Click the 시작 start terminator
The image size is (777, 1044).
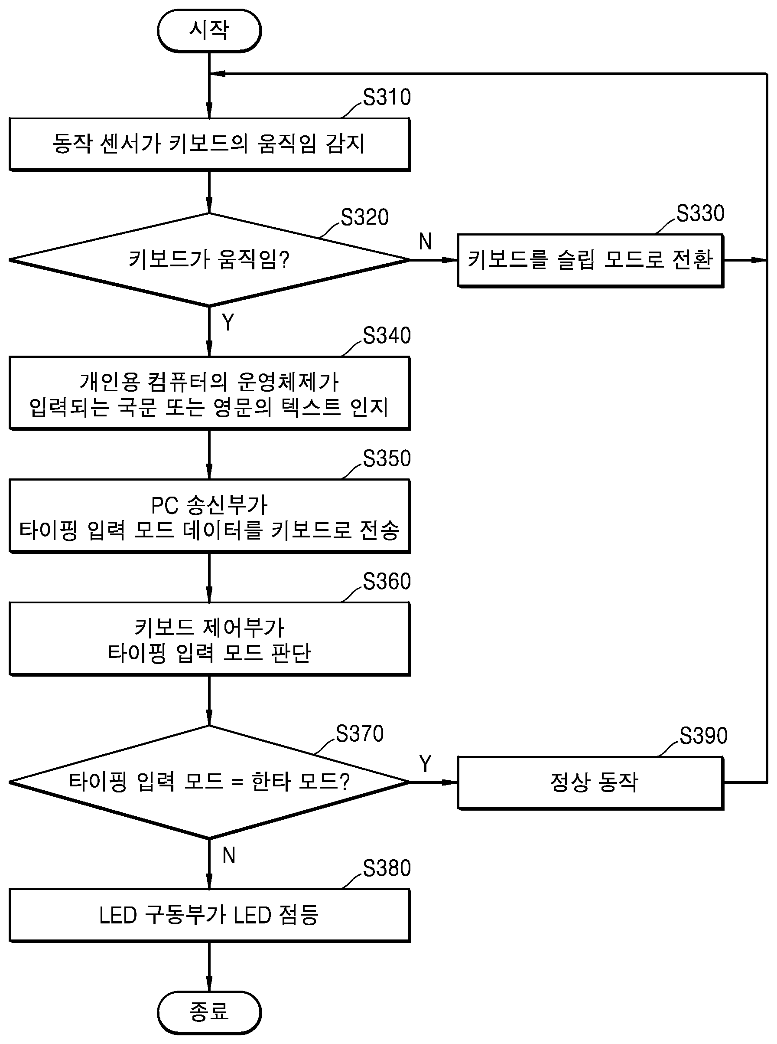click(x=209, y=31)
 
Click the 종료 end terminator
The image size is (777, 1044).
click(x=209, y=1012)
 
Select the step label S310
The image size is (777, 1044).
click(x=387, y=98)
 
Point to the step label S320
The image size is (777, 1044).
click(x=365, y=217)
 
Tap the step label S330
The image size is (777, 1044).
click(x=701, y=213)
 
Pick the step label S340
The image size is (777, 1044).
click(x=387, y=336)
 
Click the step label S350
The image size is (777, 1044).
click(x=387, y=458)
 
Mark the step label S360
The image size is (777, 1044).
click(x=387, y=582)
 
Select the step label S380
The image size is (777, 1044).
click(x=387, y=868)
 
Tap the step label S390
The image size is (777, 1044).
click(x=704, y=736)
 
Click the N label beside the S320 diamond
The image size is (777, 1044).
click(x=425, y=242)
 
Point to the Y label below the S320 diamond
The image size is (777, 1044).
click(x=228, y=322)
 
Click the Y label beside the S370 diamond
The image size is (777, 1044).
click(x=425, y=764)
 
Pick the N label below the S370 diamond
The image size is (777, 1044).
click(x=228, y=856)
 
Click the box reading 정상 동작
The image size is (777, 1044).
click(x=591, y=783)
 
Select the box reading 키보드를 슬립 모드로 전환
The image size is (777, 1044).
click(x=591, y=260)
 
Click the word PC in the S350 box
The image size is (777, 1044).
click(x=165, y=506)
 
